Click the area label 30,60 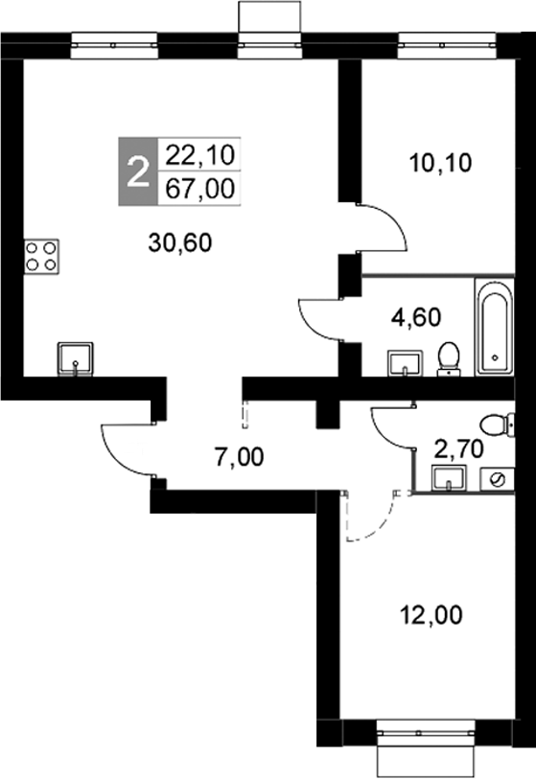point(179,242)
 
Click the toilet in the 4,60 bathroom point(448,357)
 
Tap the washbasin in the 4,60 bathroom point(406,363)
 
